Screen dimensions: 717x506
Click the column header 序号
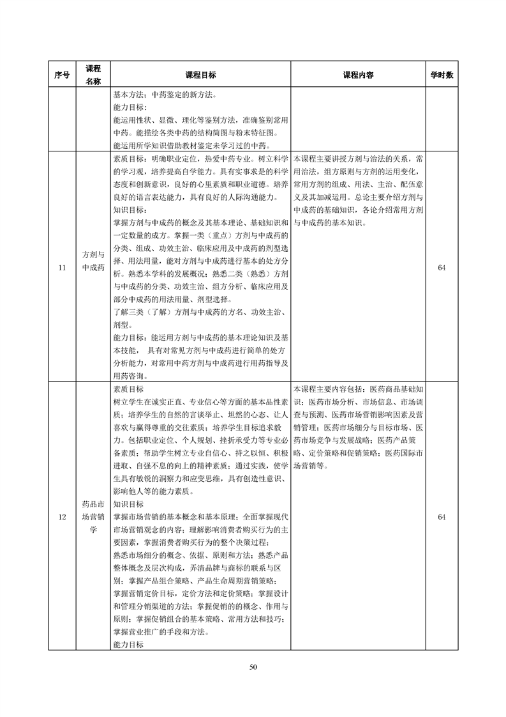[x=62, y=75]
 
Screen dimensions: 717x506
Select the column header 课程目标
[x=200, y=75]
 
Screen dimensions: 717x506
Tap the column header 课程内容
[x=358, y=75]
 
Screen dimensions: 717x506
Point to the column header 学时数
[x=442, y=75]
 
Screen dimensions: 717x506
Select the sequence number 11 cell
[x=62, y=268]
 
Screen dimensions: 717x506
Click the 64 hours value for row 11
[x=442, y=268]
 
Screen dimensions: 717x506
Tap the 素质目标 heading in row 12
[x=128, y=389]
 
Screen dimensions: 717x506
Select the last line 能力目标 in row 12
[x=128, y=645]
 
